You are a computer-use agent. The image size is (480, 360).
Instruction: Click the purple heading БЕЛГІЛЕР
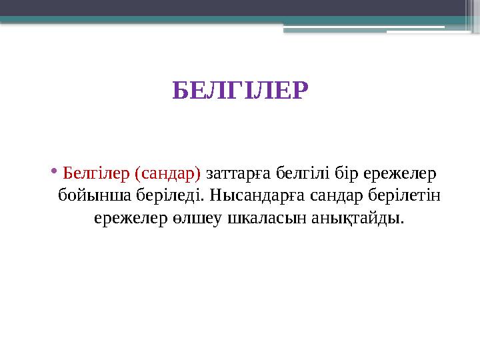240,90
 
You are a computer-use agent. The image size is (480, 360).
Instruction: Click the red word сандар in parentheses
167,174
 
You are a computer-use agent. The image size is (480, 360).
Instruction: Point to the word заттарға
238,174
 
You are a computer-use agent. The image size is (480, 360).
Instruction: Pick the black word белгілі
303,174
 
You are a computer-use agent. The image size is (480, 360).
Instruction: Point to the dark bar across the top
240,8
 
